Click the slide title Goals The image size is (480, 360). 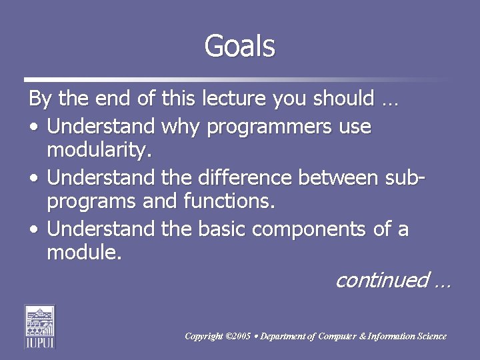pos(239,46)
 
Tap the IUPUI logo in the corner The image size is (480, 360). pos(39,326)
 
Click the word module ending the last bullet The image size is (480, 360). pos(83,253)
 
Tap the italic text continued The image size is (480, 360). pos(382,280)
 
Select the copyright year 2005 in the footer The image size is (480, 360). pos(239,336)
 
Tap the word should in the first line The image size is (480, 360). pos(344,99)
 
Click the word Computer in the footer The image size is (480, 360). pos(337,336)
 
